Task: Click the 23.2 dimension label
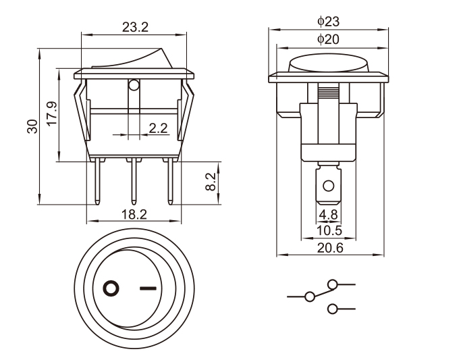click(x=136, y=28)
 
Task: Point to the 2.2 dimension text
click(x=158, y=128)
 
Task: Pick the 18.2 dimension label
click(x=134, y=214)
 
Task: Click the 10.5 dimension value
click(x=329, y=231)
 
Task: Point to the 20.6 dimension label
click(x=330, y=248)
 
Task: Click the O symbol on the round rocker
click(x=111, y=289)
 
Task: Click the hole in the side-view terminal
click(x=329, y=186)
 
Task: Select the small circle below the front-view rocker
click(x=134, y=86)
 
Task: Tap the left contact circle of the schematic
click(x=310, y=297)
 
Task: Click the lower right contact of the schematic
click(x=331, y=309)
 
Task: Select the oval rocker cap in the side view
click(x=329, y=66)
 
